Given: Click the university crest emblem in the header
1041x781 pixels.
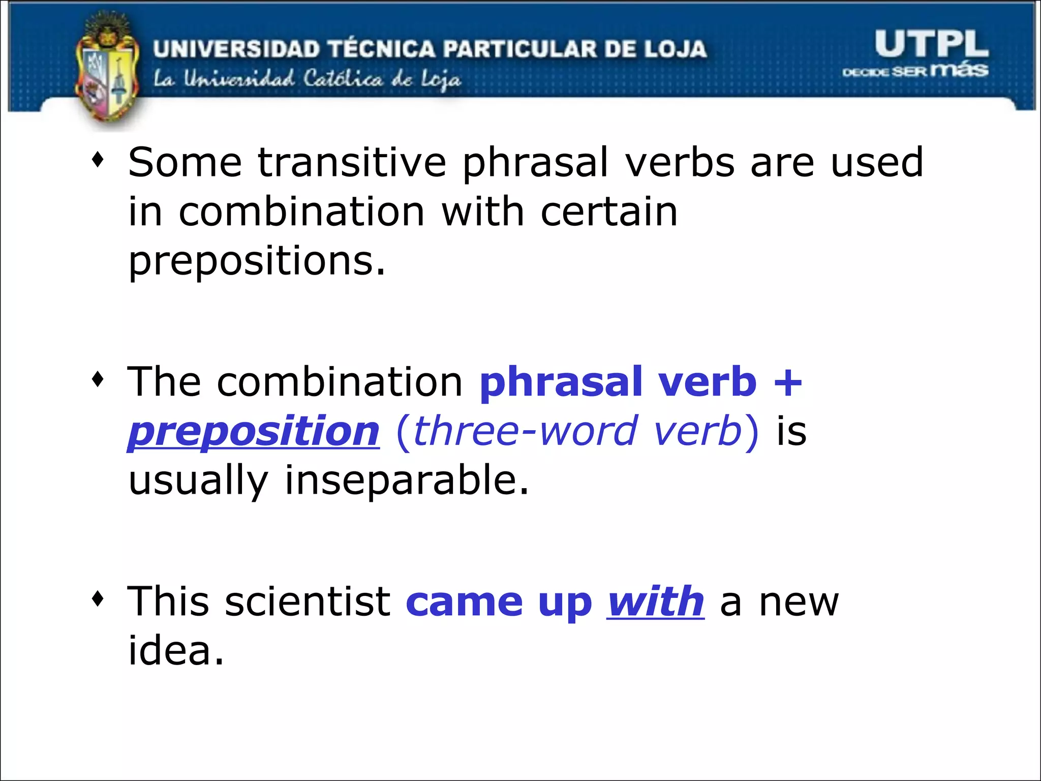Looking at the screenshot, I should pyautogui.click(x=107, y=71).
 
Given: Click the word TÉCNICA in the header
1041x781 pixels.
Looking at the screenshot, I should pyautogui.click(x=382, y=49).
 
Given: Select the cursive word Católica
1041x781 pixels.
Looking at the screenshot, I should pyautogui.click(x=343, y=79).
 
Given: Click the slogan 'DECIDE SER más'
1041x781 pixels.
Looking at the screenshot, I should pyautogui.click(x=915, y=70).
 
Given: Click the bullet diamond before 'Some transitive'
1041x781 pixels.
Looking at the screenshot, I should pyautogui.click(x=98, y=161).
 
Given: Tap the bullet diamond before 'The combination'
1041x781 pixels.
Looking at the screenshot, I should pyautogui.click(x=98, y=379).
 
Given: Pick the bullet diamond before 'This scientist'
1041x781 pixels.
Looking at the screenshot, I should pyautogui.click(x=98, y=598).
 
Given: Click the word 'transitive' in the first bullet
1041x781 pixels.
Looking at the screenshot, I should pyautogui.click(x=352, y=163).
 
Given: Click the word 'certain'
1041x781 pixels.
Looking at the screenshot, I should pyautogui.click(x=609, y=212).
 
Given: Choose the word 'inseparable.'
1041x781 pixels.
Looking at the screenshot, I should pyautogui.click(x=406, y=480).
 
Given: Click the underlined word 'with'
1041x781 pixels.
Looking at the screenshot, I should pyautogui.click(x=656, y=602).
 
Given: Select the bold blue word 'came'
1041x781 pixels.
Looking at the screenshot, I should pyautogui.click(x=464, y=602).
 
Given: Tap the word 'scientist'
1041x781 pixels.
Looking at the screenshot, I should pyautogui.click(x=307, y=602).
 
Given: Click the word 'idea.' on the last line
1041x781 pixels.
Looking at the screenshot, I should pyautogui.click(x=175, y=651).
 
